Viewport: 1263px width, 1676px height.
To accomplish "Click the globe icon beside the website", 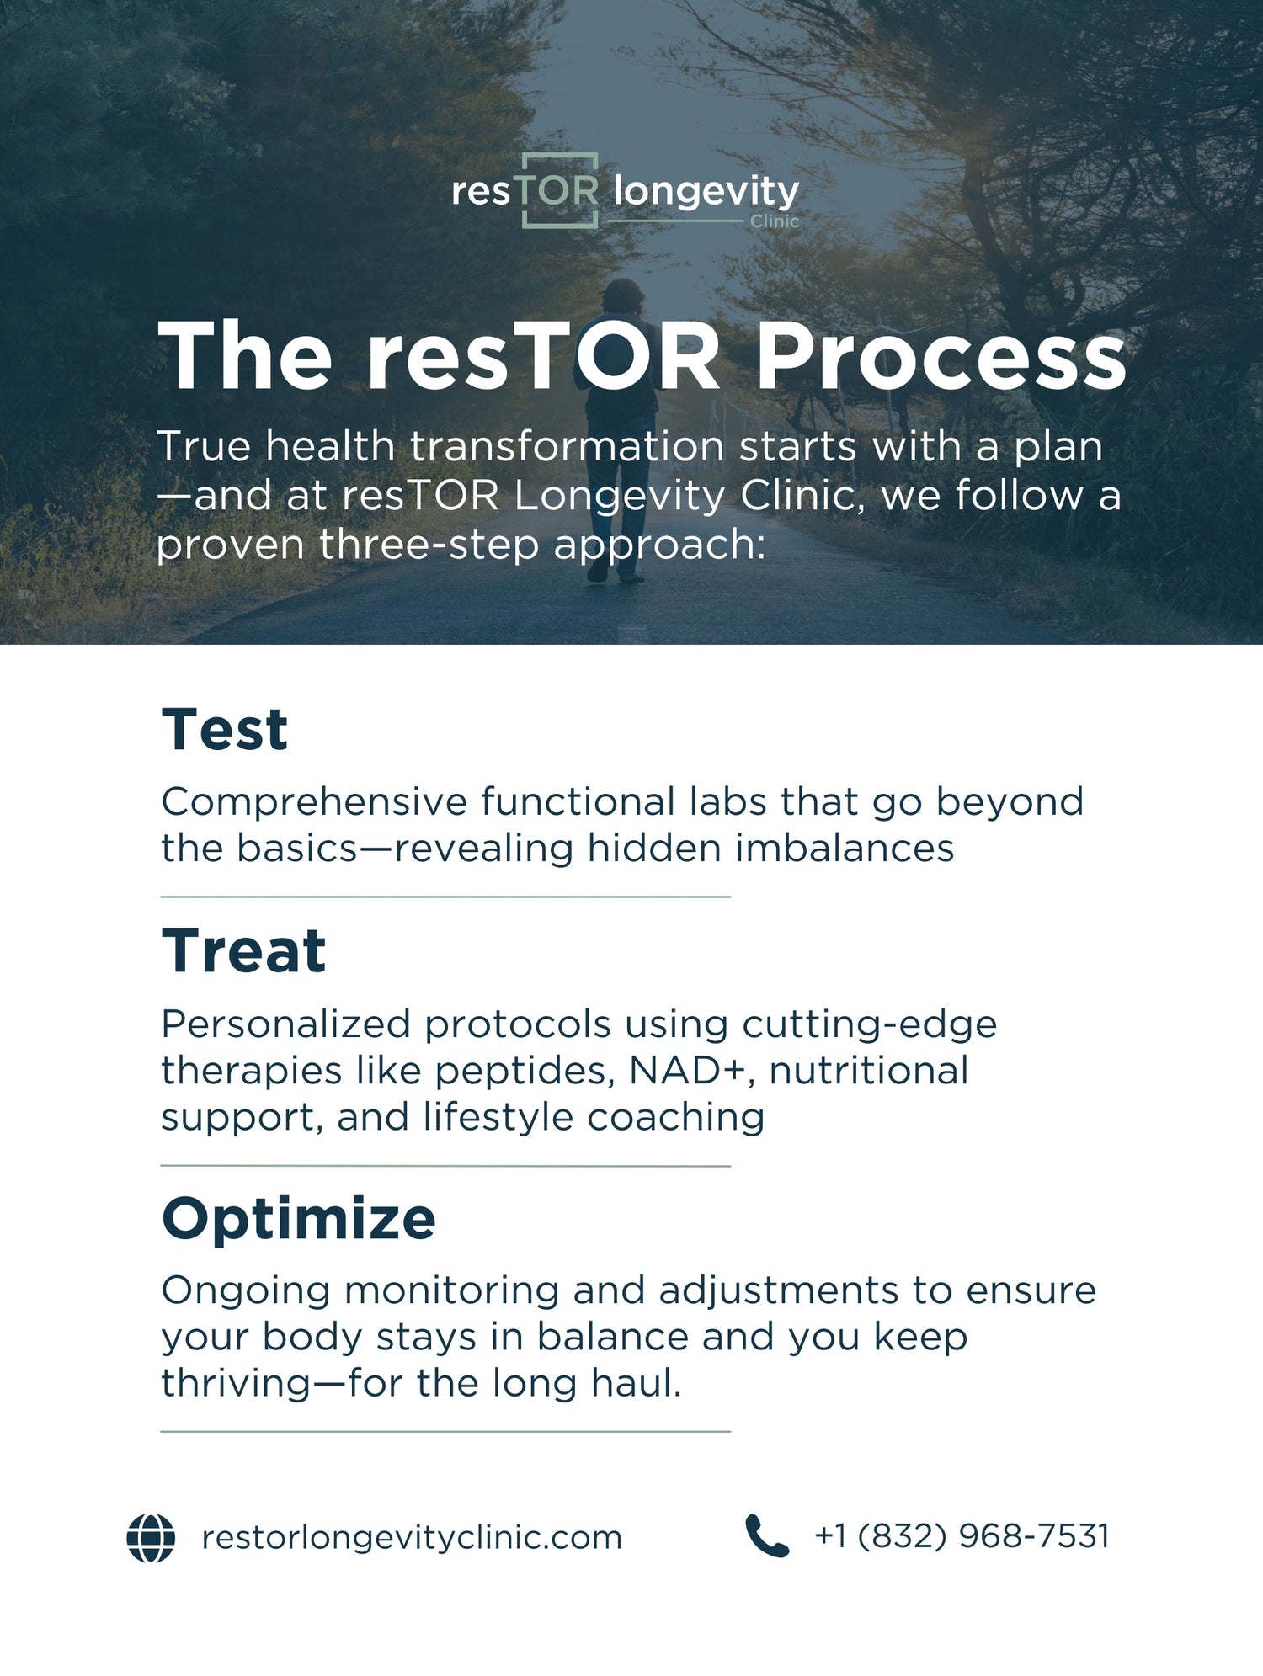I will click(x=151, y=1538).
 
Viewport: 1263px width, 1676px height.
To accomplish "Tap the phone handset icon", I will click(x=767, y=1535).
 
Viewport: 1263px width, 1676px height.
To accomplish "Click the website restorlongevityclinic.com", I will click(x=412, y=1538).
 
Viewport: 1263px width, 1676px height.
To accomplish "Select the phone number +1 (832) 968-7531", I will click(x=962, y=1536).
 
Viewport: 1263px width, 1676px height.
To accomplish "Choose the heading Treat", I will click(x=243, y=951).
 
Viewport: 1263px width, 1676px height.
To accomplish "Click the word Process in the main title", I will click(x=941, y=357).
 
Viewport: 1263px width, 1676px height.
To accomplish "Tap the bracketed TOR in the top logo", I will click(x=559, y=191).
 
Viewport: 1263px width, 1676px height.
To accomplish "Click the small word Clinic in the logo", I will click(x=774, y=221).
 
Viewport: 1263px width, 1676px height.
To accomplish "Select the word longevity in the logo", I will click(x=706, y=192).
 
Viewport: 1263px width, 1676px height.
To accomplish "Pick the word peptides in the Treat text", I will click(x=520, y=1071).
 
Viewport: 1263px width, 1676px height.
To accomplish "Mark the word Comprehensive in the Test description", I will click(x=314, y=802).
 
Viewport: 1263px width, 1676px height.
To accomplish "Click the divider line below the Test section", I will click(x=445, y=897).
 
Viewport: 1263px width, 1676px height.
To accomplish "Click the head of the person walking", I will click(x=623, y=296).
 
